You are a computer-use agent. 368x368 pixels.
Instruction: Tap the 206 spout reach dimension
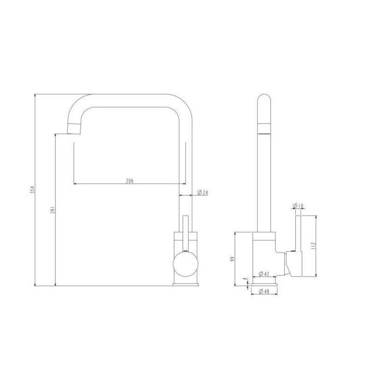point(130,181)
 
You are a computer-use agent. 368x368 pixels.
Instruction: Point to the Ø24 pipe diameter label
point(202,193)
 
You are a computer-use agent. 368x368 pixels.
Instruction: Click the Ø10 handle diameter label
point(298,206)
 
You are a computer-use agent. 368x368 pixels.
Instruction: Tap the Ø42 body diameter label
point(264,274)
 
